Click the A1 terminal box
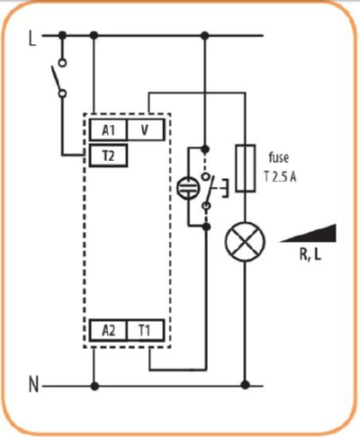pyautogui.click(x=109, y=129)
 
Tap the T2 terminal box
pyautogui.click(x=109, y=155)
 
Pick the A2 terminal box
pyautogui.click(x=109, y=329)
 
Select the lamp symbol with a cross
pyautogui.click(x=241, y=243)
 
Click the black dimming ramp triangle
pyautogui.click(x=310, y=233)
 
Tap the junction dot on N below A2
pyautogui.click(x=94, y=387)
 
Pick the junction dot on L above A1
pyautogui.click(x=94, y=36)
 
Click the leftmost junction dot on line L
pyautogui.click(x=62, y=36)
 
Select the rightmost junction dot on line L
pyautogui.click(x=205, y=36)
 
